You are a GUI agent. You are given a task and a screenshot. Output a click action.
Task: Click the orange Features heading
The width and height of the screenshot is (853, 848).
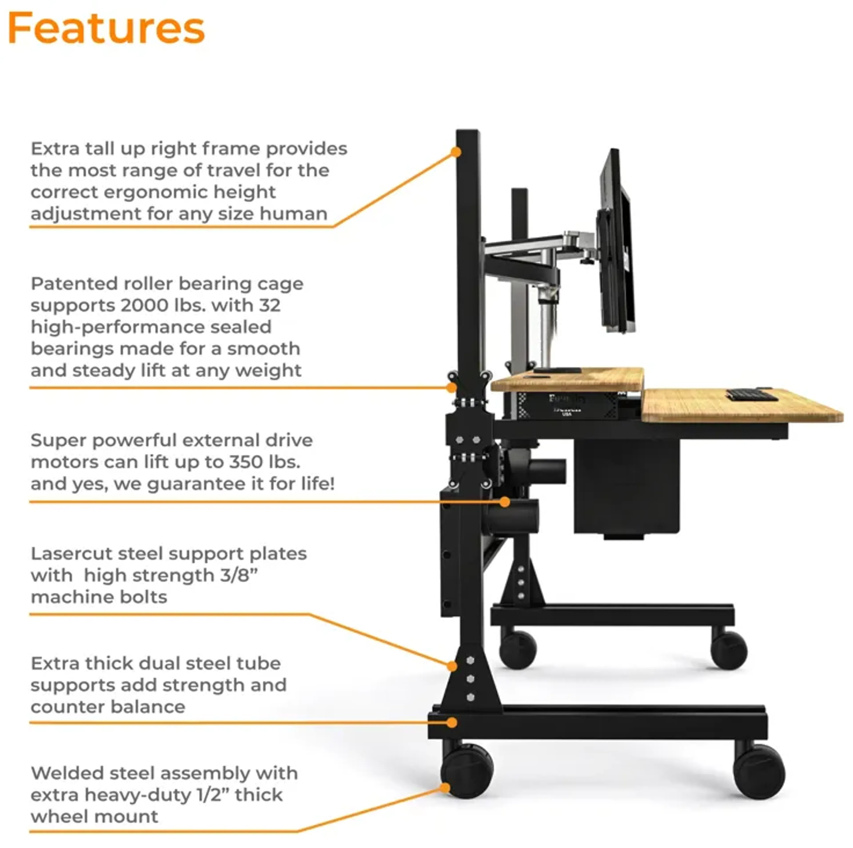coord(106,28)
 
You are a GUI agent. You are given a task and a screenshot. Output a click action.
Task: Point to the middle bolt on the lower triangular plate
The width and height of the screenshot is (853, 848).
coord(471,679)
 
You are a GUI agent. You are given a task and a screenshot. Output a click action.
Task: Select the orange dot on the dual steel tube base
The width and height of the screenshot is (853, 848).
coord(451,723)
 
